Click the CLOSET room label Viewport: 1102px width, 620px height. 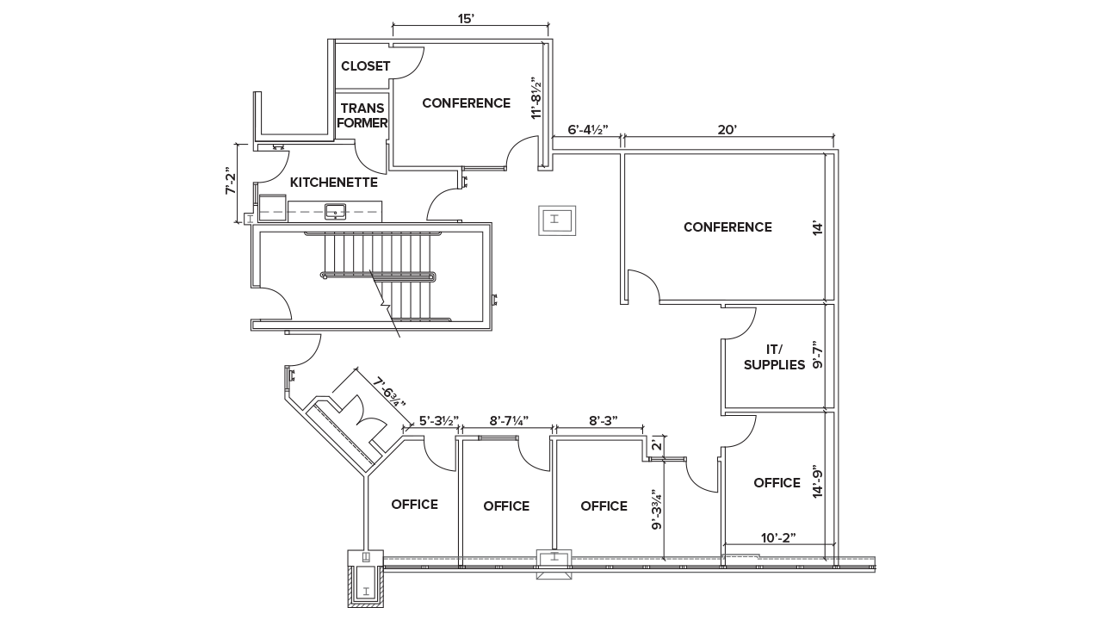(x=365, y=66)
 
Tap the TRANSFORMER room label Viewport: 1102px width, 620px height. (x=362, y=115)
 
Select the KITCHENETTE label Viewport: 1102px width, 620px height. (x=333, y=183)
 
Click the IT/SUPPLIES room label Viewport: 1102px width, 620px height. (x=774, y=356)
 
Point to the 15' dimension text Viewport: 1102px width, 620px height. (x=466, y=18)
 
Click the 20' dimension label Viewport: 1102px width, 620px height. (x=727, y=130)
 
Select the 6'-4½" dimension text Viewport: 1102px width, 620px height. (x=587, y=130)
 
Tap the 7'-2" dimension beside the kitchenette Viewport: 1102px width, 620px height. (x=231, y=181)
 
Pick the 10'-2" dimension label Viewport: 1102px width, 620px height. (x=777, y=537)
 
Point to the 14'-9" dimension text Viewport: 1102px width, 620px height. (x=819, y=482)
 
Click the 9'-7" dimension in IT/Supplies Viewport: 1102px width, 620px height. (x=819, y=356)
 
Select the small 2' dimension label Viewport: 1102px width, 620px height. (x=655, y=446)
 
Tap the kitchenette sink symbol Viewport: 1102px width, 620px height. (x=335, y=210)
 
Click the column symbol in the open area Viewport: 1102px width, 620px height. (x=555, y=220)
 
